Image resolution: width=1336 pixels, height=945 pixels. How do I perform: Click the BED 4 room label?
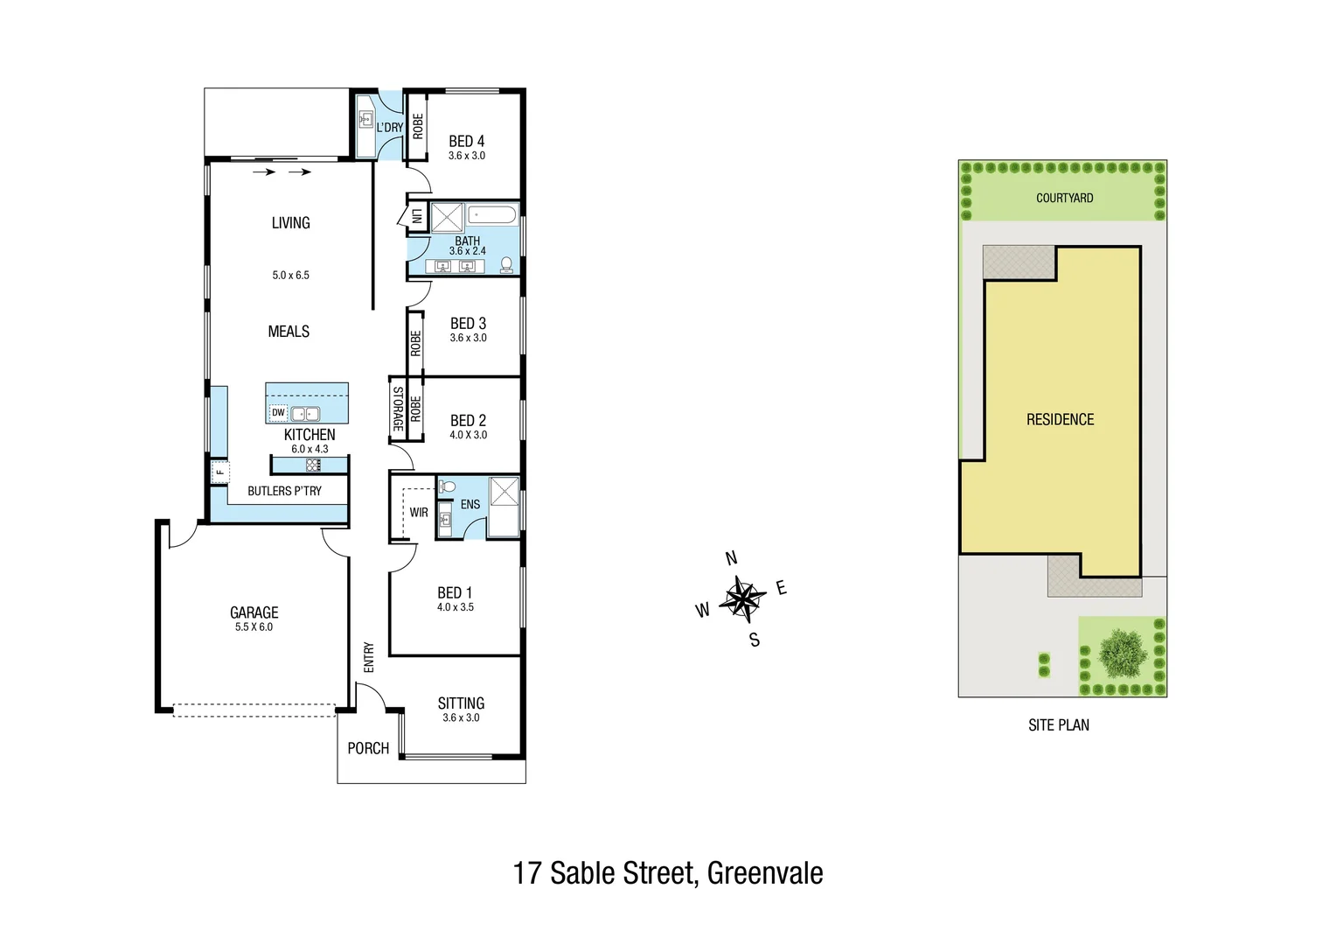466,141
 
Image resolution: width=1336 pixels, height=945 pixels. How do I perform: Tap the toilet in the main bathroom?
506,264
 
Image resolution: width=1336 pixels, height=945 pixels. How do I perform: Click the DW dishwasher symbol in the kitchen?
278,413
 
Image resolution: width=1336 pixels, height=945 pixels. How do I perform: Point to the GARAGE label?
254,612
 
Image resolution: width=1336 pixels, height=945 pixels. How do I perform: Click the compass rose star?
742,599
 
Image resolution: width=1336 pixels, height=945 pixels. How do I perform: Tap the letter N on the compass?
732,559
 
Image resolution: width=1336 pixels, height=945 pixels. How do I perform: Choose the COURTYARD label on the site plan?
1064,198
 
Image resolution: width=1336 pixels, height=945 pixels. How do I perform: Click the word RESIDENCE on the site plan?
1060,420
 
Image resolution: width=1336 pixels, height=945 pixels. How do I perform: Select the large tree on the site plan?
1119,653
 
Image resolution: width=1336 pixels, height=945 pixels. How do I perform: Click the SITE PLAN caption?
1058,724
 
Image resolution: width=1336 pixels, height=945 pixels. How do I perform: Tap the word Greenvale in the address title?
765,873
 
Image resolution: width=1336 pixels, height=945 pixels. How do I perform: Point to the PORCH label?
368,748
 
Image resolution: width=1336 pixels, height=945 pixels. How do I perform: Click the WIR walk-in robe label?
419,513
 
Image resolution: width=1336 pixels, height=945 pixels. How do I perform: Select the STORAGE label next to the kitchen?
398,409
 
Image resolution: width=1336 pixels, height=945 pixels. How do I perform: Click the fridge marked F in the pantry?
219,473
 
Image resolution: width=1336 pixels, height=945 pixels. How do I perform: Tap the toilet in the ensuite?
447,486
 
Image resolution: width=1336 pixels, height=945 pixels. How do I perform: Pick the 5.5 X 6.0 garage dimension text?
254,627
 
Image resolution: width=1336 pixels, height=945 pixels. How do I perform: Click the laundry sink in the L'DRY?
366,119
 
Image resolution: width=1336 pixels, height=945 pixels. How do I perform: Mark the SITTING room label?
461,703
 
